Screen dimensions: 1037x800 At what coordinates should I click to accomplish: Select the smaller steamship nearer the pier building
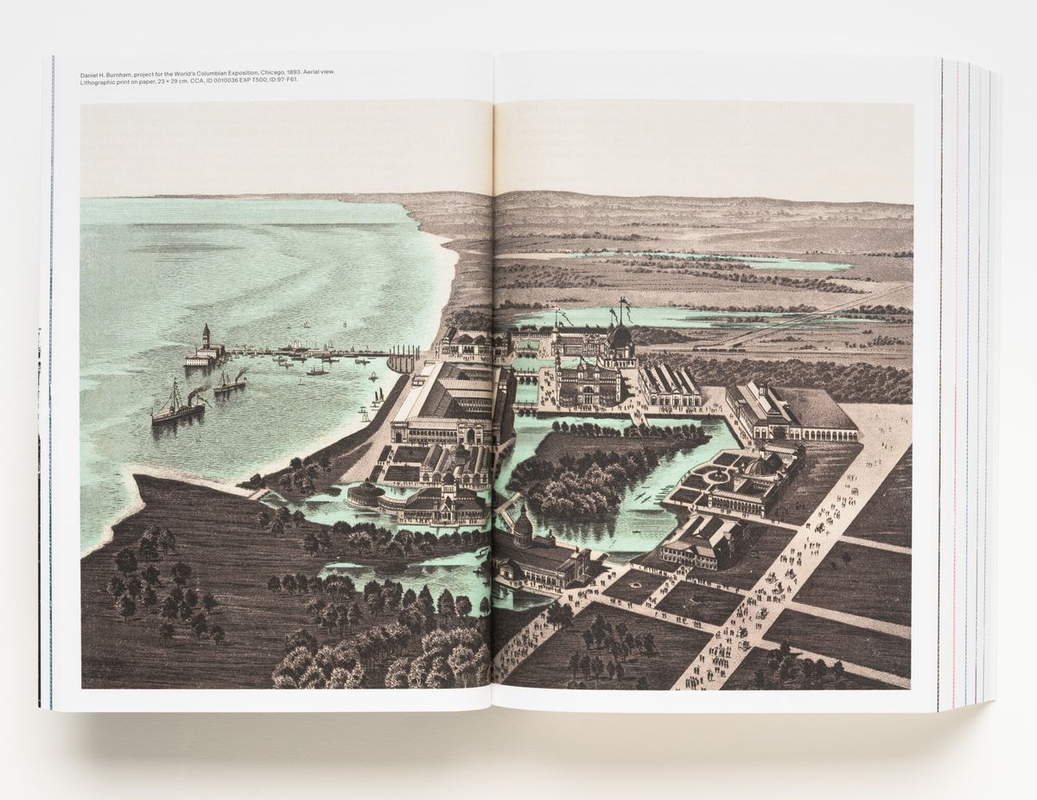[230, 382]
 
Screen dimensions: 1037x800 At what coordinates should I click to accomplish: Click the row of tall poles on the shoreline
[402, 358]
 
